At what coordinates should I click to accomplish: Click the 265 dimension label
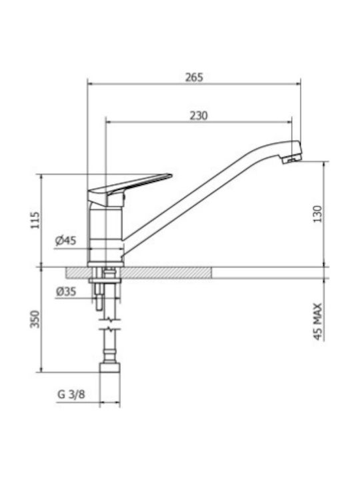194,77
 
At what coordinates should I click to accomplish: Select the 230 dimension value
199,116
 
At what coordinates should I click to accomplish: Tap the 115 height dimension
35,220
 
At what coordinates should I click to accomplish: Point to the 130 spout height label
318,214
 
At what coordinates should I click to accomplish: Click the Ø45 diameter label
65,241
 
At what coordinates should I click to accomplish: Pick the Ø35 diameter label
66,291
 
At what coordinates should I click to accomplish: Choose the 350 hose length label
35,319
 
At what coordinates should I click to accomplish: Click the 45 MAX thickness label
318,321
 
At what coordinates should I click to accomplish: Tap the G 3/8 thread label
71,394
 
